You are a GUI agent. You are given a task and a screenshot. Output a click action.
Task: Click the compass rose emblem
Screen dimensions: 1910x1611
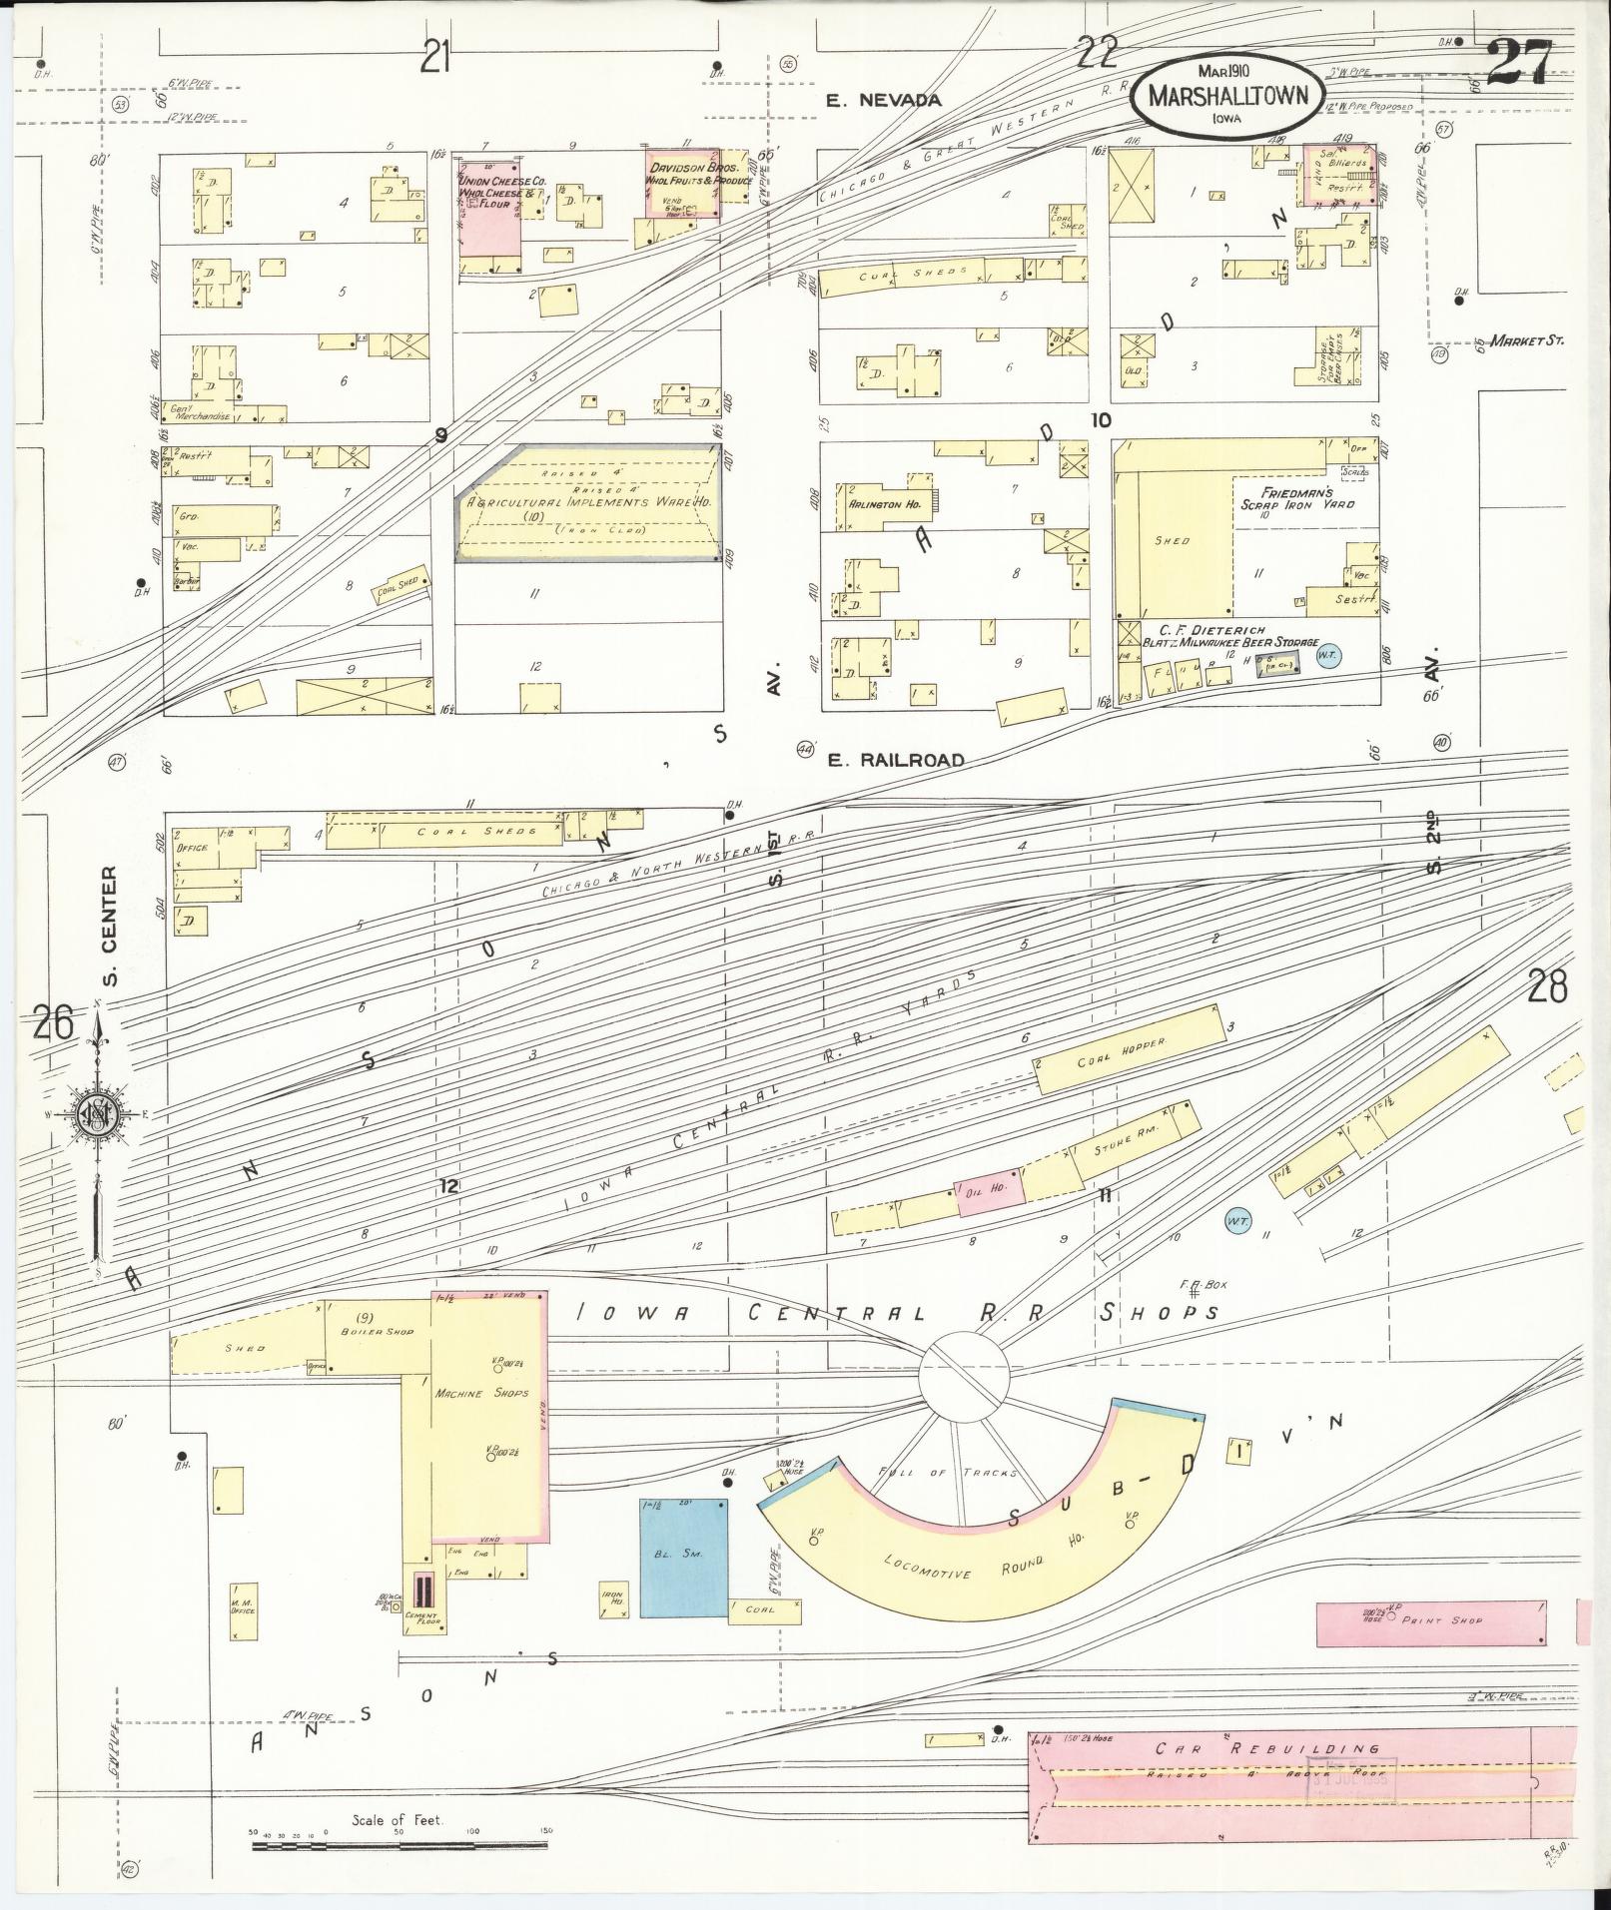pyautogui.click(x=99, y=1116)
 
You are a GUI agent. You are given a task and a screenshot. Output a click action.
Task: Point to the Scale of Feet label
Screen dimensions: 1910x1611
pyautogui.click(x=398, y=1819)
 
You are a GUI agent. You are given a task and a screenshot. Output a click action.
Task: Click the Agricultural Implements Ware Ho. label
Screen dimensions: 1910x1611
pyautogui.click(x=590, y=501)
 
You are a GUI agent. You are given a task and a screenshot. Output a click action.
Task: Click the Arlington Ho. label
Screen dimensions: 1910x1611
pyautogui.click(x=883, y=504)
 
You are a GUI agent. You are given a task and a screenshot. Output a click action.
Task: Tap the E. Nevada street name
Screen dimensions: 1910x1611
pyautogui.click(x=885, y=100)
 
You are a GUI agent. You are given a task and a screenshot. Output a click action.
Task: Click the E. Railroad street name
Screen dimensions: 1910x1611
pyautogui.click(x=897, y=760)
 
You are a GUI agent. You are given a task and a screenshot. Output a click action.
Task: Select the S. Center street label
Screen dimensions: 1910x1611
pyautogui.click(x=110, y=925)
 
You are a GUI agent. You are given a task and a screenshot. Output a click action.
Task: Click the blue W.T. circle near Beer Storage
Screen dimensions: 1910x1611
pyautogui.click(x=1327, y=655)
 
